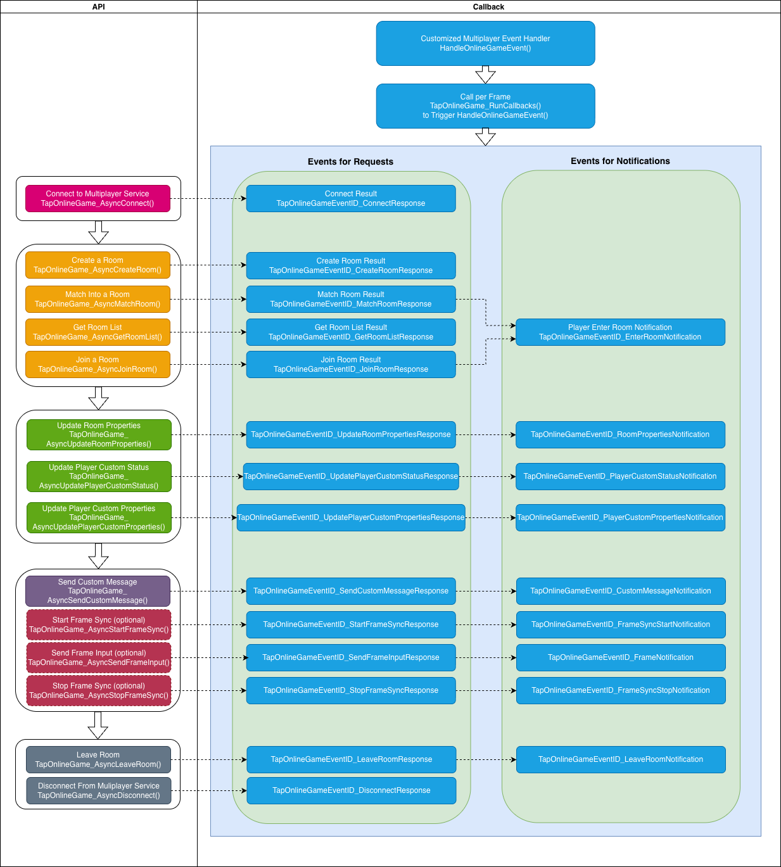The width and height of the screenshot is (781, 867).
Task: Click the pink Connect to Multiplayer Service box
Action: click(x=98, y=198)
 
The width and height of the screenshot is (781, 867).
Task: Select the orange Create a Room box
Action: click(x=98, y=265)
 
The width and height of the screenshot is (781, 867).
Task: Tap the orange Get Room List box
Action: click(x=98, y=332)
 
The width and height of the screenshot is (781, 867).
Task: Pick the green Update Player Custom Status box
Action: click(x=99, y=476)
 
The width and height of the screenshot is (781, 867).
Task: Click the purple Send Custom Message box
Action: click(x=98, y=591)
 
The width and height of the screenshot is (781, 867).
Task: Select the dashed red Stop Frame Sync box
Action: click(x=99, y=690)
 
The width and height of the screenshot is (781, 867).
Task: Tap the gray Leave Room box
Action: click(x=98, y=759)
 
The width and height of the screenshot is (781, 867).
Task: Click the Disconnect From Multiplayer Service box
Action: click(x=98, y=790)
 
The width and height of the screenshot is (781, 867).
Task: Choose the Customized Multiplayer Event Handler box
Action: click(x=485, y=43)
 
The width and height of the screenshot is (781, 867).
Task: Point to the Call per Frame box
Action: click(x=485, y=106)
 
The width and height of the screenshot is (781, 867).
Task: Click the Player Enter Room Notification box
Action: click(x=620, y=332)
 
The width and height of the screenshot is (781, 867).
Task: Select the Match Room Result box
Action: click(x=351, y=299)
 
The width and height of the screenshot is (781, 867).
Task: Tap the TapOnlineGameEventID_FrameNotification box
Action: click(x=620, y=657)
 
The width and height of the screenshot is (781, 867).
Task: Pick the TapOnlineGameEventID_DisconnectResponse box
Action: click(x=351, y=790)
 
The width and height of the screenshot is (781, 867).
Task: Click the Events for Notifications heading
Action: click(x=620, y=161)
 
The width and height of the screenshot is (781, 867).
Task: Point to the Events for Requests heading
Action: click(x=350, y=161)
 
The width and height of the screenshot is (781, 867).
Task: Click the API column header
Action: click(x=99, y=6)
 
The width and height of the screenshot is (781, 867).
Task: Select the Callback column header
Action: click(x=488, y=6)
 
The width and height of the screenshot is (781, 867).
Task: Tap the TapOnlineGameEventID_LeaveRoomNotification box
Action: click(x=620, y=759)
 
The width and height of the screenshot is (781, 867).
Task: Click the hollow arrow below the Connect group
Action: click(x=98, y=232)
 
